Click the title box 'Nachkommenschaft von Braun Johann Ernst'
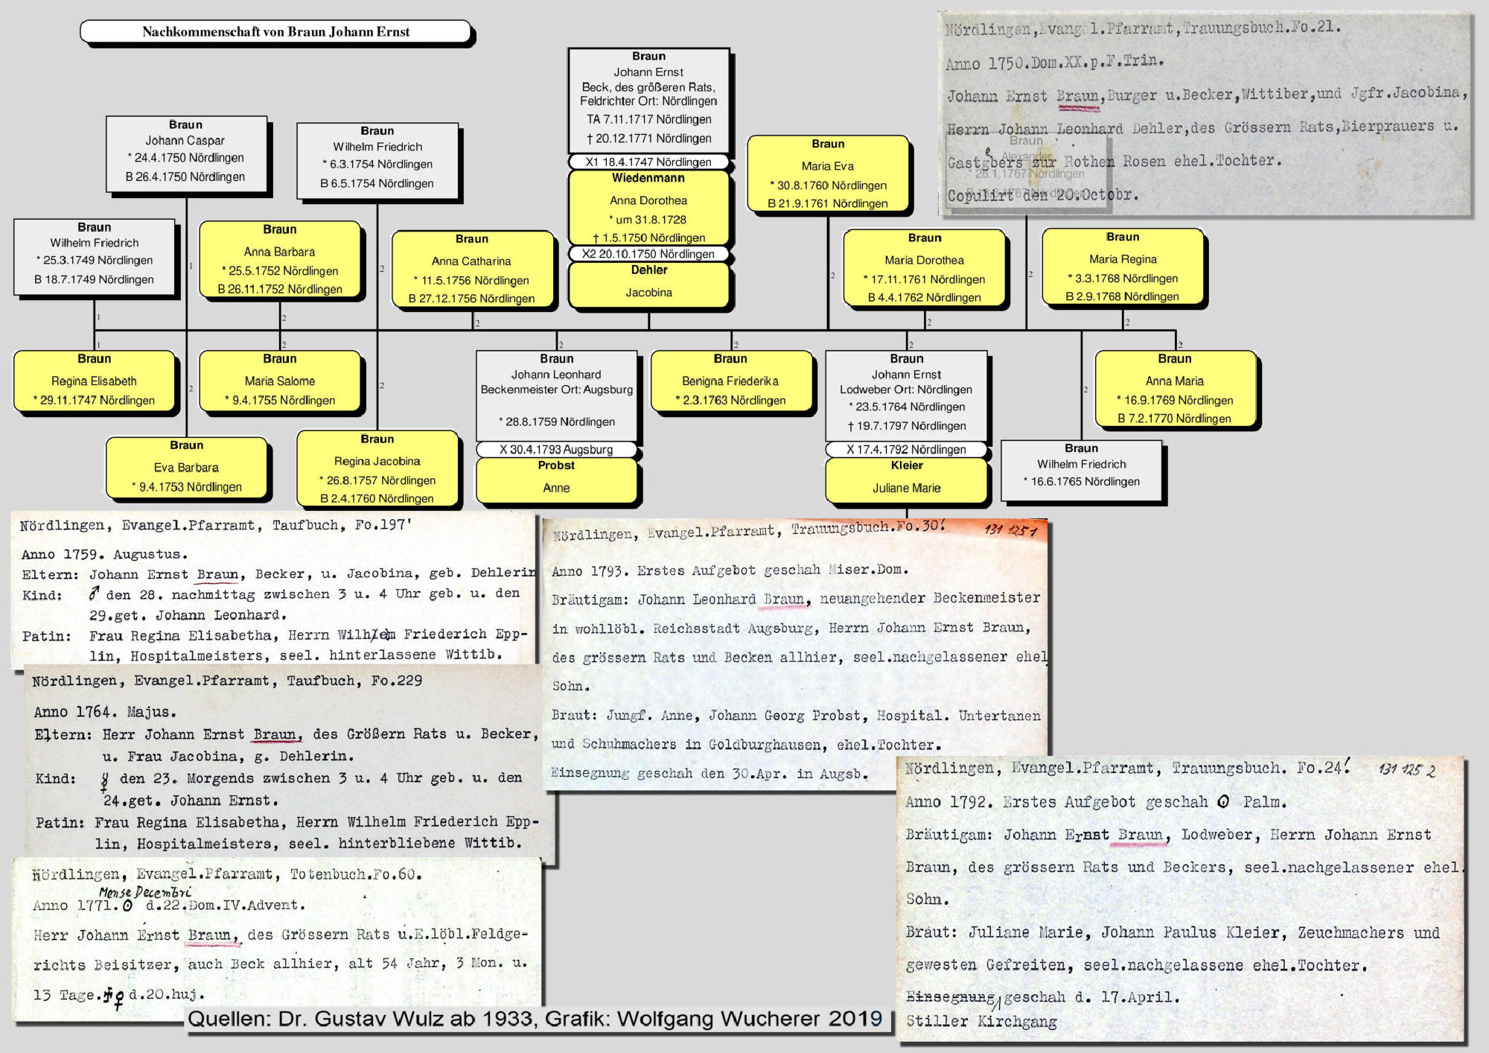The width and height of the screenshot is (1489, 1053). pos(275,32)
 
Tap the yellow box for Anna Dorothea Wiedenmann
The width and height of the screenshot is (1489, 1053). pos(648,209)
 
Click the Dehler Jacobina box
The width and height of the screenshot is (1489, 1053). pos(648,284)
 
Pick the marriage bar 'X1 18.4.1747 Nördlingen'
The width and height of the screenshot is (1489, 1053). pos(648,162)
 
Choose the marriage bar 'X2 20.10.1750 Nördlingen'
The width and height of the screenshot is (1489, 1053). pos(648,254)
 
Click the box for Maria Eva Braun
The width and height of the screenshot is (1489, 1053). pos(828,174)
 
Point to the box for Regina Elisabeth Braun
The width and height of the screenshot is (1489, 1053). pos(95,381)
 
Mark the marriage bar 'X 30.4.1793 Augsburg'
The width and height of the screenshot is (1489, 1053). pos(556,450)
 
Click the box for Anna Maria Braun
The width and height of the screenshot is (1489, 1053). pos(1175,389)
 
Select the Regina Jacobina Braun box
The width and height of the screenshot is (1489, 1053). pos(377,468)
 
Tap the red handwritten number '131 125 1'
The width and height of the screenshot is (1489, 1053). pos(1010,530)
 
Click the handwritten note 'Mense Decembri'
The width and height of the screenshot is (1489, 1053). pos(145,892)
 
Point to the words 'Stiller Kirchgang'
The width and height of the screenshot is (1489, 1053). pos(981,1022)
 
